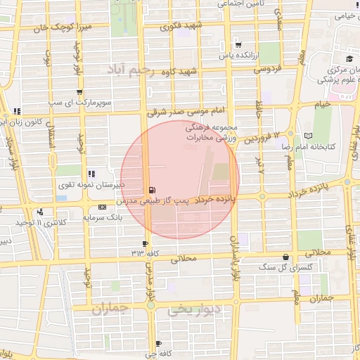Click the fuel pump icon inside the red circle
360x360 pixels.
(152, 190)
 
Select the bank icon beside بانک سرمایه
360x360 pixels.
(103, 207)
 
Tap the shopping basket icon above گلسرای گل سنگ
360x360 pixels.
(285, 257)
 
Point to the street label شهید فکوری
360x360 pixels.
(179, 27)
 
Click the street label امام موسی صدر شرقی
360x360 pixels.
(186, 111)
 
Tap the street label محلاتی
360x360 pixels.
(185, 259)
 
